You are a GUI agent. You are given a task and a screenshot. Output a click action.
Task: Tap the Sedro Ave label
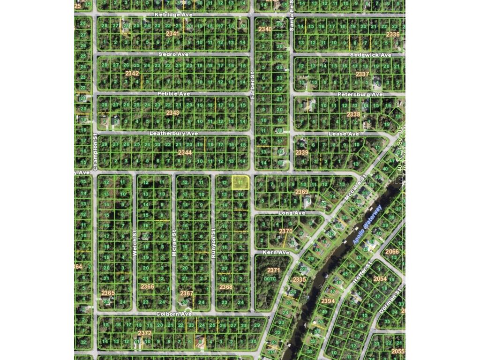point(173,54)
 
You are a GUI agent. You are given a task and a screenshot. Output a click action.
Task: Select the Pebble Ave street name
point(173,94)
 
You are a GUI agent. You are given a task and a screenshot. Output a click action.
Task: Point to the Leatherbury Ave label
point(173,134)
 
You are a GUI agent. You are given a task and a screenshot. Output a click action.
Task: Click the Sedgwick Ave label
point(370,55)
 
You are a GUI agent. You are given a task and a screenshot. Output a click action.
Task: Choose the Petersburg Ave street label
point(360,94)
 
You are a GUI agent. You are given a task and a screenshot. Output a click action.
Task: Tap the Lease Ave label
point(344,134)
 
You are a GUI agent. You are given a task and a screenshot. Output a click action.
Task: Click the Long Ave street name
point(292,213)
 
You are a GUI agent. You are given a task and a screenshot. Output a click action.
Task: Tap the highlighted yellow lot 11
point(240,182)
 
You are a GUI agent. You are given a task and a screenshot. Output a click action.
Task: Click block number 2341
point(172,34)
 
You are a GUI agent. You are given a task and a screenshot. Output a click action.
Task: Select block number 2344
point(185,152)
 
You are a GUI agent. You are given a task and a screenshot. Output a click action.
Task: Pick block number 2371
point(273,270)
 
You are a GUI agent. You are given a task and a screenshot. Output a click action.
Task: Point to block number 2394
point(328,301)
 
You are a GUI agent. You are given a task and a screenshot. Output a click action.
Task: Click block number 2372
point(145,333)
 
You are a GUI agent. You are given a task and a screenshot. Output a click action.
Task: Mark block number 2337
point(362,74)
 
